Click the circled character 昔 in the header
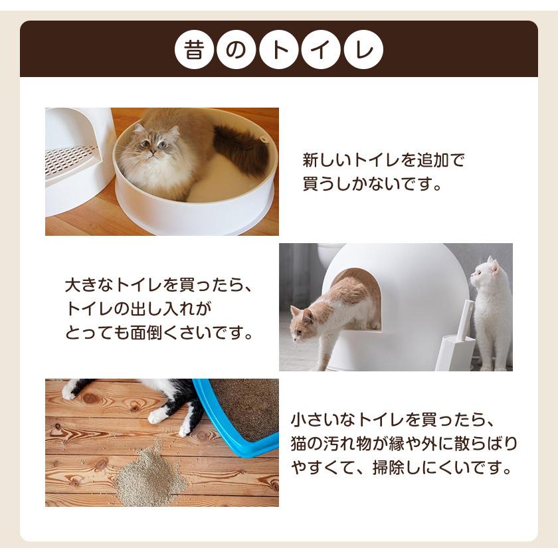point(194,49)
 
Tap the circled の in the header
point(236,49)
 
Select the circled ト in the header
point(278,49)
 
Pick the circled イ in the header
point(321,49)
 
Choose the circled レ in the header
point(363,49)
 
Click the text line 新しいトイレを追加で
point(383,161)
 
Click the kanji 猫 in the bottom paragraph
point(300,444)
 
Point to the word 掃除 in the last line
point(390,467)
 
